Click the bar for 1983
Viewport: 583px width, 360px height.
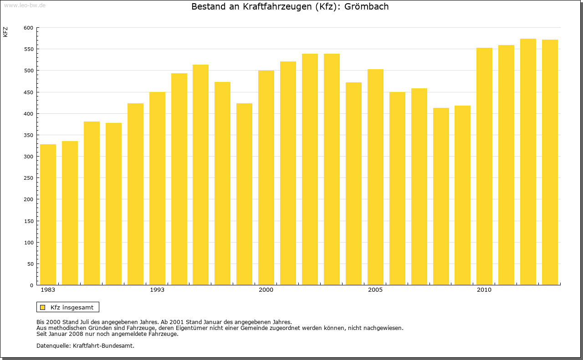click(x=48, y=214)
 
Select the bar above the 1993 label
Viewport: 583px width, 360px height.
click(x=157, y=188)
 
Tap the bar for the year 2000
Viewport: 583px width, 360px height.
click(x=266, y=177)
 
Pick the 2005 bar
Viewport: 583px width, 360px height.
click(x=375, y=177)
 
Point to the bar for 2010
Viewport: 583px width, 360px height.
click(x=484, y=166)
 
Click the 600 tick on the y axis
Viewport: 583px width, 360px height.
click(x=28, y=28)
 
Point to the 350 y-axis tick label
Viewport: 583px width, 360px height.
click(x=28, y=135)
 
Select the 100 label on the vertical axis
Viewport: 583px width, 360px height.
click(x=28, y=243)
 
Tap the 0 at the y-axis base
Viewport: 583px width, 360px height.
click(x=31, y=285)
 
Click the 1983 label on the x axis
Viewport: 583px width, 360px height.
click(x=48, y=290)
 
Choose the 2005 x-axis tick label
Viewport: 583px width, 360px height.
click(x=375, y=290)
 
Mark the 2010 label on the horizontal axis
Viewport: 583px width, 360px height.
click(x=484, y=290)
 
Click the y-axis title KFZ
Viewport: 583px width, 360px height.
click(x=5, y=32)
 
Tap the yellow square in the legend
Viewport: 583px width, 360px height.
click(x=43, y=307)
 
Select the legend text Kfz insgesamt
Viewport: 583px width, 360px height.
click(x=72, y=307)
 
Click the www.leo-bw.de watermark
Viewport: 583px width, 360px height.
click(x=24, y=5)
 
